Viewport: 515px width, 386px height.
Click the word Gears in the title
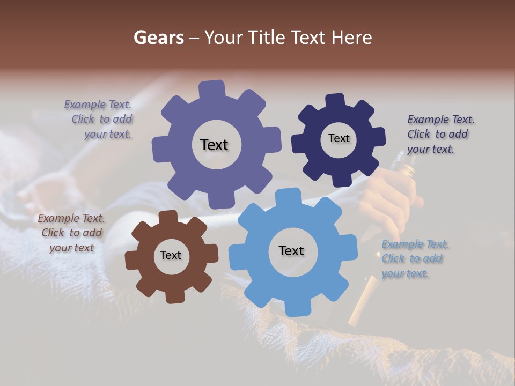158,38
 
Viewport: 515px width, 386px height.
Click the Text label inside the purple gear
214,145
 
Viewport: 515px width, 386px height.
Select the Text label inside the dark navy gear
339,138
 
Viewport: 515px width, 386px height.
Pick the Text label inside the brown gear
171,256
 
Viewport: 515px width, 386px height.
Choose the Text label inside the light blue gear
291,251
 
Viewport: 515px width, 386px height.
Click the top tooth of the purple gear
212,89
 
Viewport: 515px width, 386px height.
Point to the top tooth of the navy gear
336,101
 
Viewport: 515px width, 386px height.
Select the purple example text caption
99,120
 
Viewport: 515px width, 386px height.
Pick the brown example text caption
71,233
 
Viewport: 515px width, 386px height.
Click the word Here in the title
352,38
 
